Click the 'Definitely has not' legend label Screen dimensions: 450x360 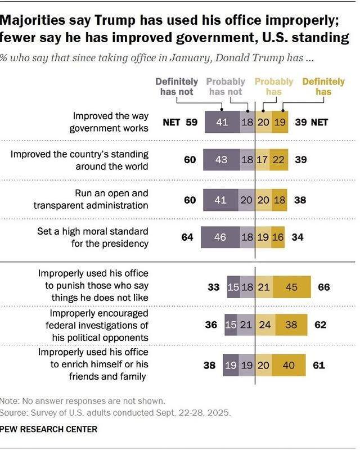(x=177, y=87)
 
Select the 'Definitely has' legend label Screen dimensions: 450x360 (x=323, y=87)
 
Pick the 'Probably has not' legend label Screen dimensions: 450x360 (x=226, y=87)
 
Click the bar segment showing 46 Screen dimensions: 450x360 (x=219, y=237)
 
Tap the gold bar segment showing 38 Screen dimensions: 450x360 (x=291, y=325)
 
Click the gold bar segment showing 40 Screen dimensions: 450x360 (x=288, y=364)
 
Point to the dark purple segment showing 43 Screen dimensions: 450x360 (x=221, y=160)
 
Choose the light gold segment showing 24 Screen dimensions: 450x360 (x=265, y=325)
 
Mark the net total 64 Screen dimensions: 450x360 (x=187, y=237)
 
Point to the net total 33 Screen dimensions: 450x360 (x=213, y=286)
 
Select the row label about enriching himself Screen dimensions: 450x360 (x=92, y=364)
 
